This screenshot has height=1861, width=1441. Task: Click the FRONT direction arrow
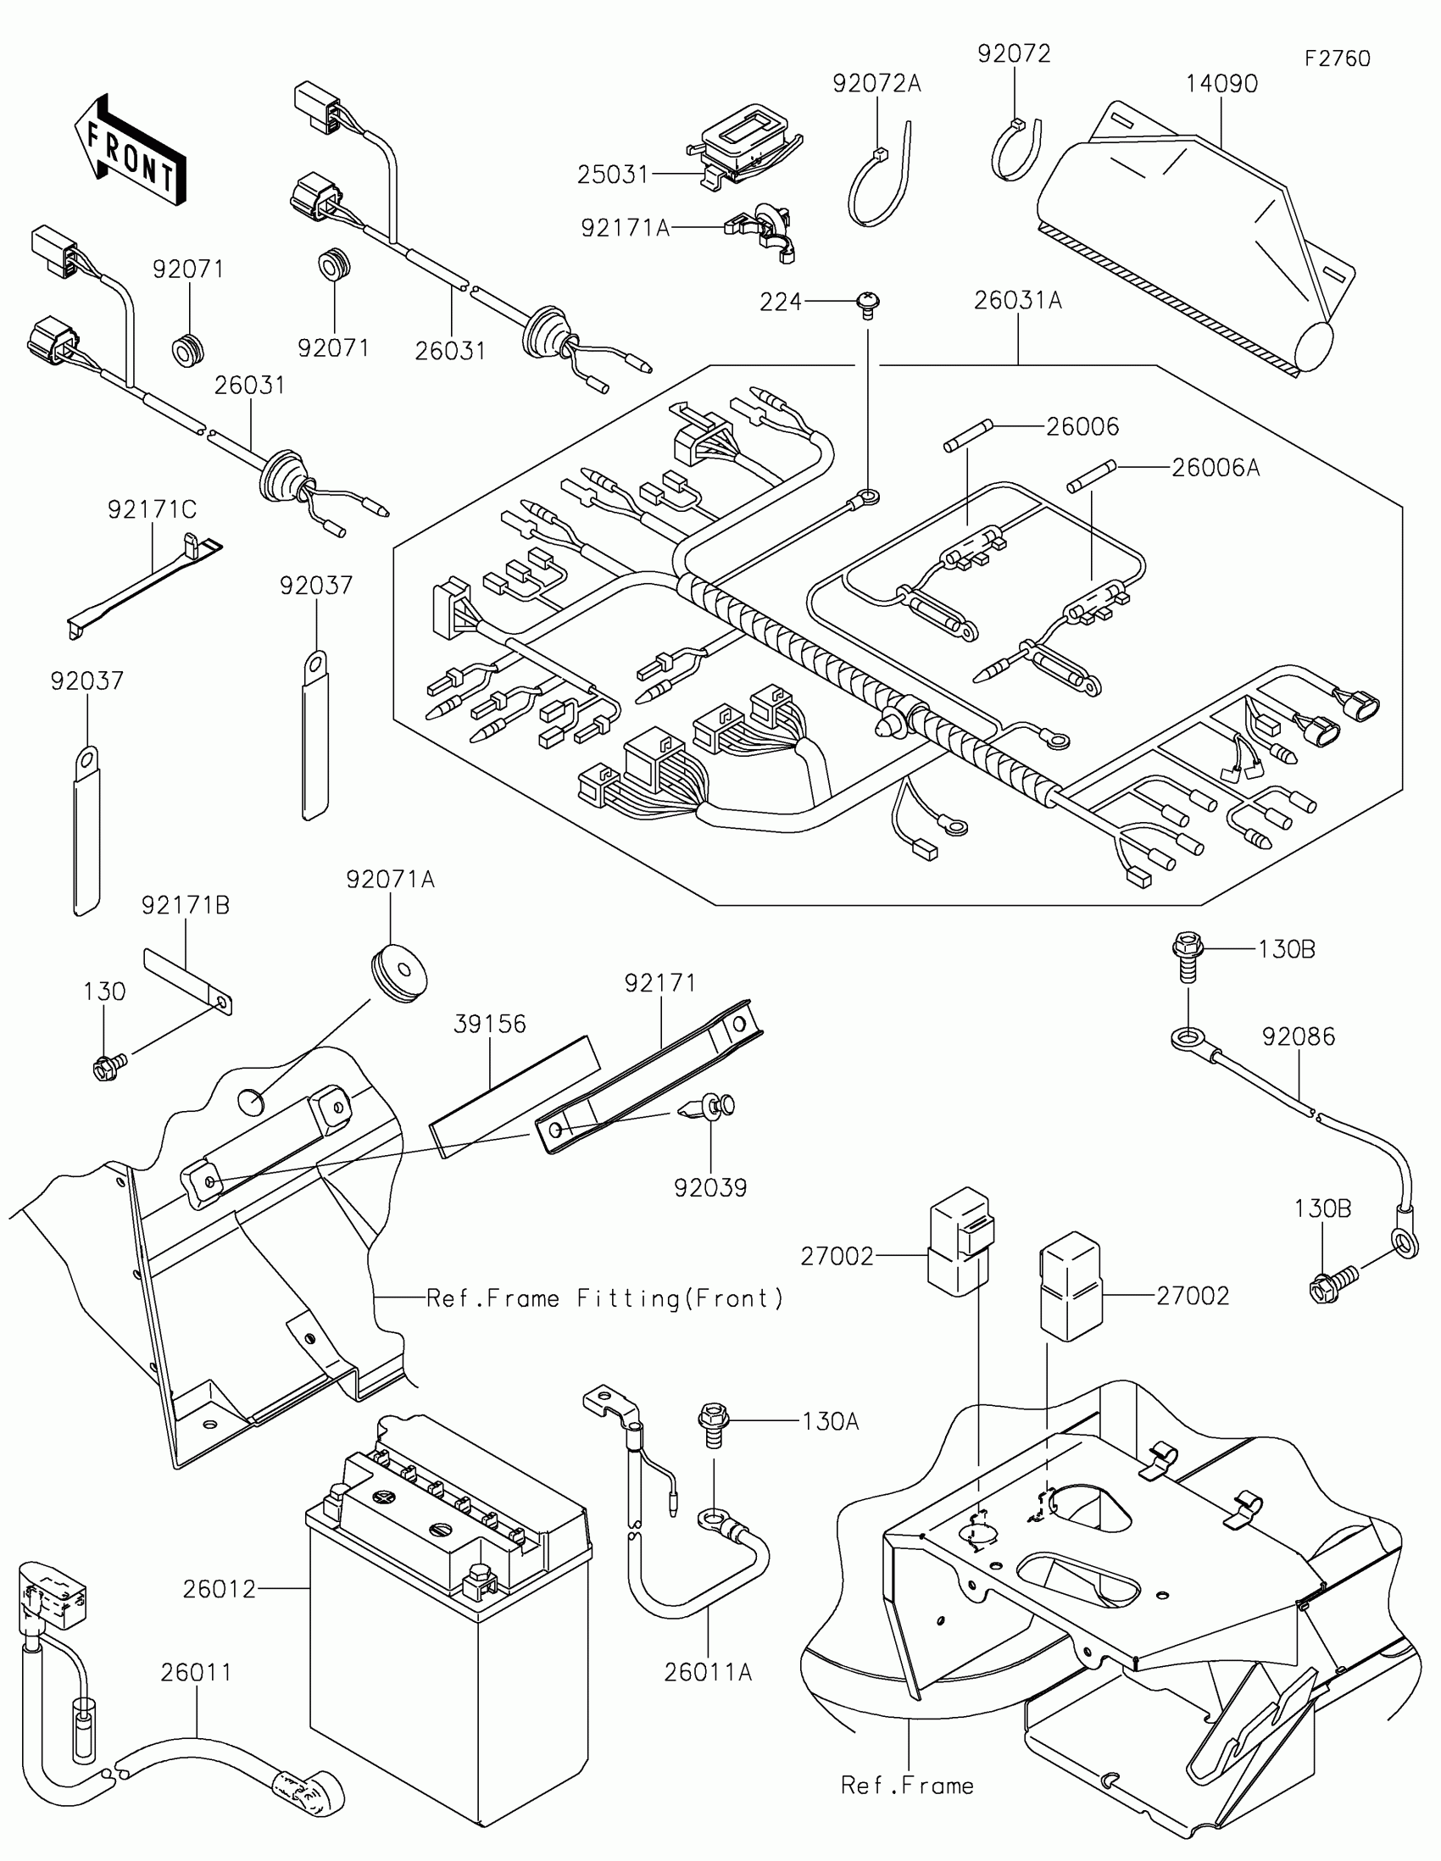click(x=131, y=151)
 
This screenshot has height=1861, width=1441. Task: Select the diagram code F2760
click(x=1337, y=58)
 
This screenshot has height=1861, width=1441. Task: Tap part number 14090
click(x=1221, y=84)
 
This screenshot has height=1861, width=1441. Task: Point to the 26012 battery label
click(x=219, y=1589)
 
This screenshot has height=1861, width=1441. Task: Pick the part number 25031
click(x=613, y=175)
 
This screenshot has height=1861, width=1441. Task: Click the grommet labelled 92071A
click(x=398, y=972)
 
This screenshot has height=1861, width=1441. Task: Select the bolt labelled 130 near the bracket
click(x=108, y=1065)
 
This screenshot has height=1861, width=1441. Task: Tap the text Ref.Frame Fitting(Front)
click(x=604, y=1298)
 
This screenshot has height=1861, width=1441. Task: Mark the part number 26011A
click(x=708, y=1673)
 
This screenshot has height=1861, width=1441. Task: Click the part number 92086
click(x=1298, y=1037)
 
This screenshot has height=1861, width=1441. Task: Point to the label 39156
click(x=490, y=1024)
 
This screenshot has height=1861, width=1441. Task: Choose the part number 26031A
click(x=1017, y=301)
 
